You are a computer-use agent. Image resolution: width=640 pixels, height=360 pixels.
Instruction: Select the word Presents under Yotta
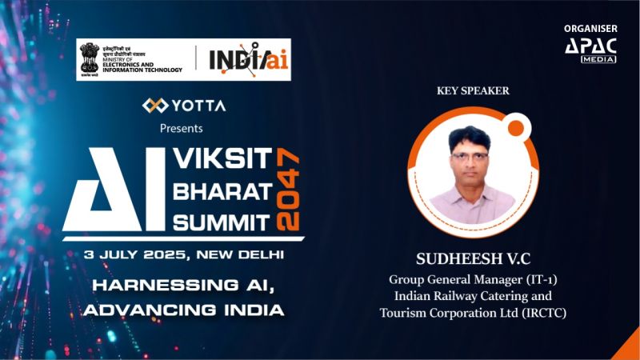coord(182,128)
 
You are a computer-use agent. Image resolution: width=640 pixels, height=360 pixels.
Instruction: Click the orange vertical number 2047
coord(290,189)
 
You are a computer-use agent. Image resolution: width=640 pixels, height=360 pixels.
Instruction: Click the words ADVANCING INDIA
coord(184,309)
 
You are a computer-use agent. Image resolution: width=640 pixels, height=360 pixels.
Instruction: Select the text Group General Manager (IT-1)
coord(473,281)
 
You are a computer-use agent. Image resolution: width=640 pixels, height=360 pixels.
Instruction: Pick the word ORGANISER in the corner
coord(590,29)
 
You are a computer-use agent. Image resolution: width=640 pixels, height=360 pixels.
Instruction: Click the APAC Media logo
coord(590,49)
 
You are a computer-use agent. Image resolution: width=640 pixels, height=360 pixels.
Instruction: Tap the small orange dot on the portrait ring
coord(516,127)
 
